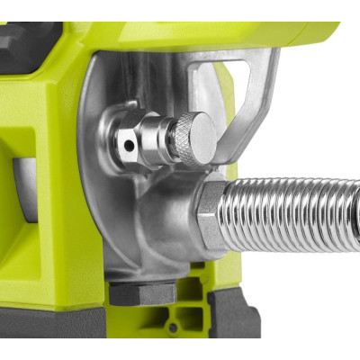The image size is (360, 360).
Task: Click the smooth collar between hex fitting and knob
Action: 162,139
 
